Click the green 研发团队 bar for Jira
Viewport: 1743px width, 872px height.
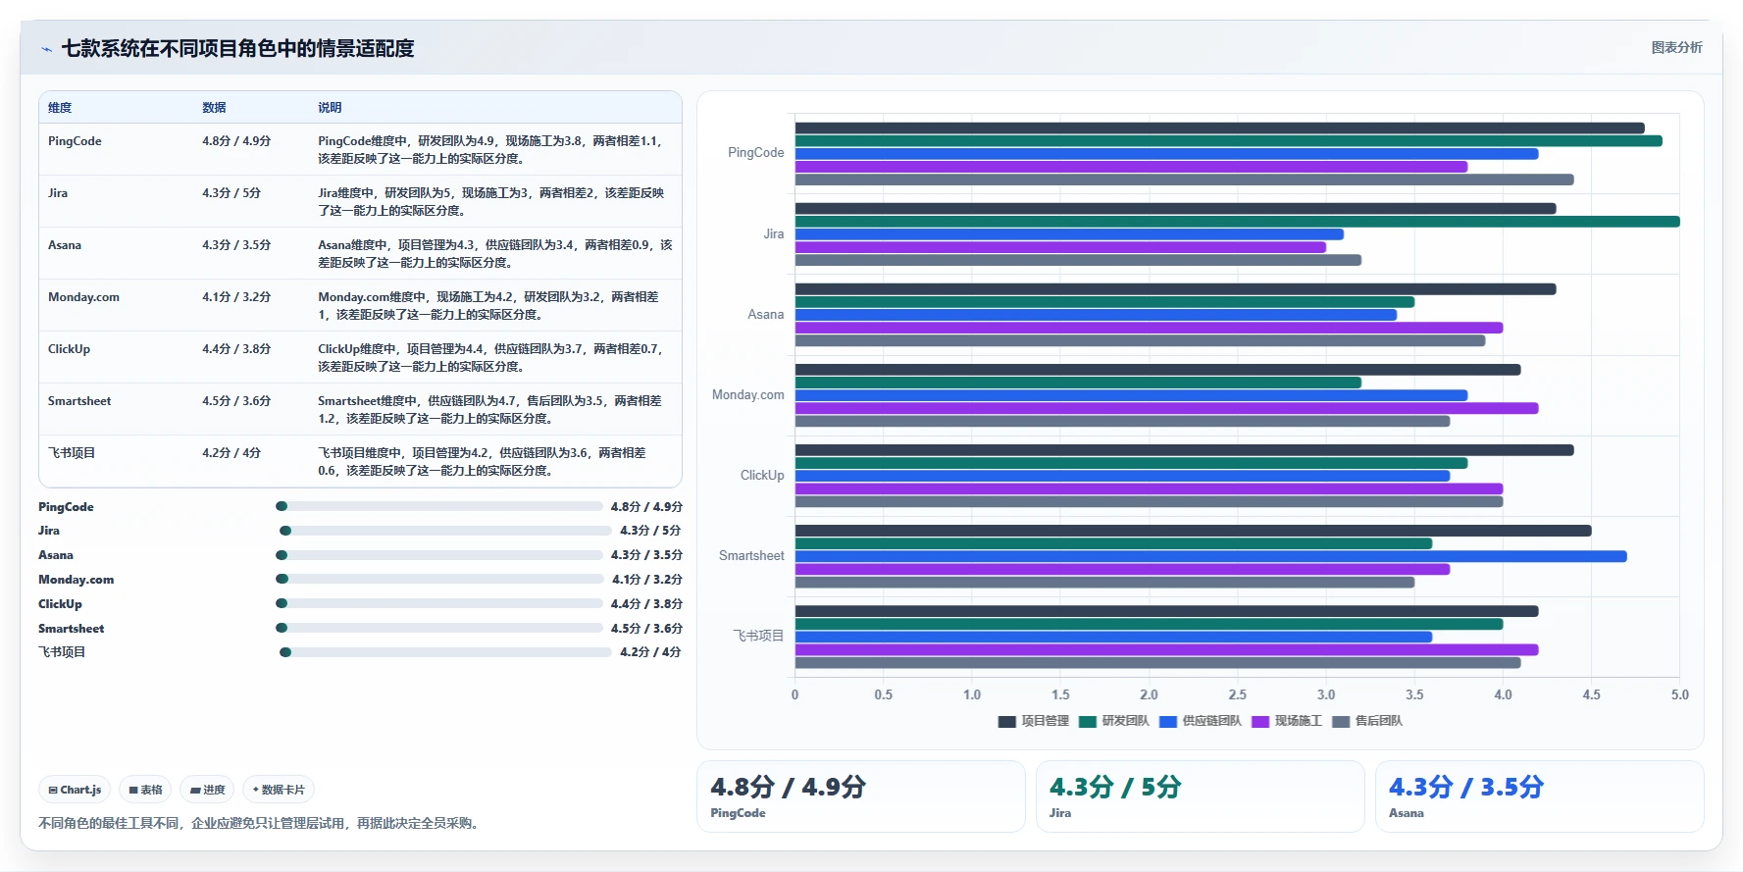click(1237, 222)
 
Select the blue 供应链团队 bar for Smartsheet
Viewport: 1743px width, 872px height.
click(1210, 556)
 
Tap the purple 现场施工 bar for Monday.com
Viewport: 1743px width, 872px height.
click(1166, 408)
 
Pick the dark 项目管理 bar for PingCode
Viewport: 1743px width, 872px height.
click(1219, 128)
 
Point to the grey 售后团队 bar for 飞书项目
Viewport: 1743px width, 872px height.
click(1157, 663)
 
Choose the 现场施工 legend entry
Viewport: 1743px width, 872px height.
click(1287, 721)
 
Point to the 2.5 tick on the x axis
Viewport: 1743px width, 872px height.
click(1238, 694)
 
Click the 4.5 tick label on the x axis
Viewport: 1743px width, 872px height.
click(1591, 694)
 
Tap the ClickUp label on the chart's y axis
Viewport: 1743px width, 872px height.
click(762, 475)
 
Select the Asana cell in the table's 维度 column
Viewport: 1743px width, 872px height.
click(65, 245)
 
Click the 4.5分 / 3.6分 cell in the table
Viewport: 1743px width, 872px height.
click(236, 401)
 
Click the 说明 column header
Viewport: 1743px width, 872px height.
click(330, 108)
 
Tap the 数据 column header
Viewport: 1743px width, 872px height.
click(214, 108)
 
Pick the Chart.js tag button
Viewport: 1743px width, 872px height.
click(75, 790)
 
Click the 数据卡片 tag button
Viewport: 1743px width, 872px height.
click(279, 790)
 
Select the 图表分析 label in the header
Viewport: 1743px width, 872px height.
click(1676, 47)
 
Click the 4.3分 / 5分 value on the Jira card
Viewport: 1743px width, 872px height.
click(1115, 787)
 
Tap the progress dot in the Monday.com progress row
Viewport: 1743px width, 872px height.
click(282, 580)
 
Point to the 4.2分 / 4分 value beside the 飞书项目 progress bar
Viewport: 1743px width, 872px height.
click(650, 652)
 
